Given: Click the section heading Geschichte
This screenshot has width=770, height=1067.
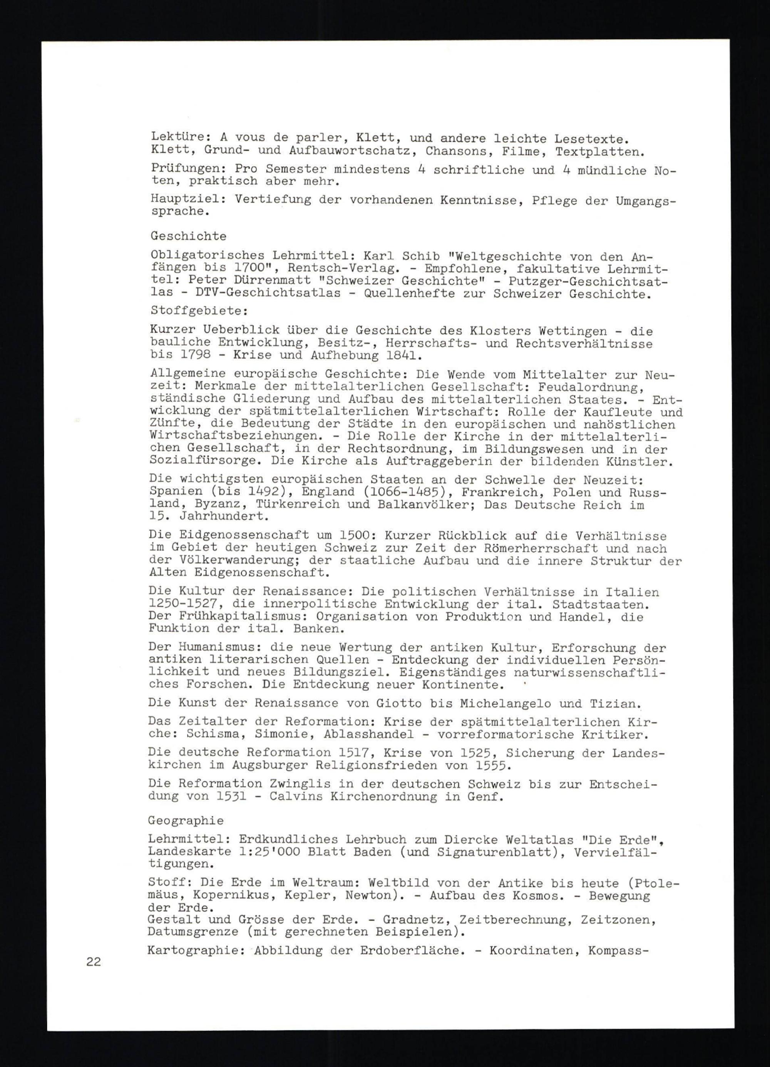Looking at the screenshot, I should pos(189,236).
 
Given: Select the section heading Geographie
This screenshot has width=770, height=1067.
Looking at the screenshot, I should pos(186,821).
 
